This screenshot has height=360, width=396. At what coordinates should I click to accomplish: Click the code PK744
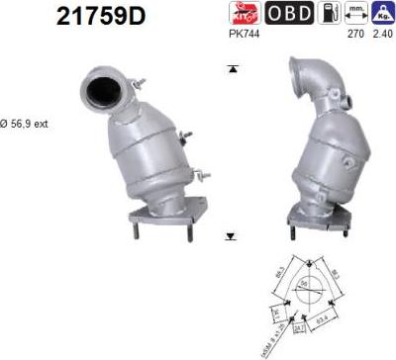click(x=243, y=34)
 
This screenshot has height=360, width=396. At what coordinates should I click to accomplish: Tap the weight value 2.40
click(x=380, y=34)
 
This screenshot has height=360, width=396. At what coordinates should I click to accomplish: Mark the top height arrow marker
click(x=231, y=68)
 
